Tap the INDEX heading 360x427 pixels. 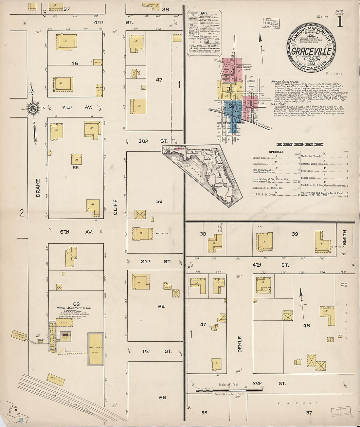coord(299,144)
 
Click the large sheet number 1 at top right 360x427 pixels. coord(340,22)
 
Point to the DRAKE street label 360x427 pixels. coord(38,187)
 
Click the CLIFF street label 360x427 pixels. coord(115,207)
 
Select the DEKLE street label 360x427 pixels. coord(240,344)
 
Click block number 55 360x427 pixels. coord(76,168)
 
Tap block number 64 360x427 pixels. coord(161,307)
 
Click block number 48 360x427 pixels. coord(306,325)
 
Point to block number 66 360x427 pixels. coord(162,398)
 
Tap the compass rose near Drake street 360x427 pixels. coord(33,109)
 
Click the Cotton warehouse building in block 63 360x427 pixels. coord(96,349)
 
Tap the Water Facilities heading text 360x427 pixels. coord(285,82)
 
